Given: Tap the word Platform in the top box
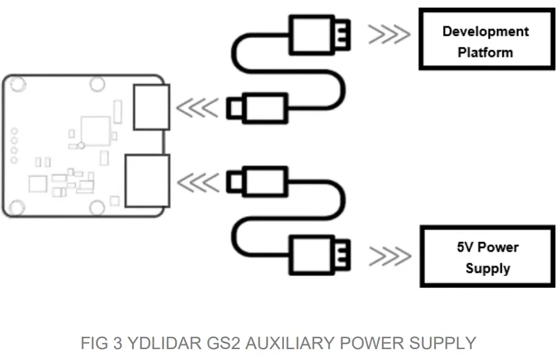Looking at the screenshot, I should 485,53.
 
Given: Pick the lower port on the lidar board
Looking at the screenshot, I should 146,181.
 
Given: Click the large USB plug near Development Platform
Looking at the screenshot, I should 314,34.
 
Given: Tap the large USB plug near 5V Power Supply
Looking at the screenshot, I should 314,255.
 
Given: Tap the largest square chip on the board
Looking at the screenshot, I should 95,129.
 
